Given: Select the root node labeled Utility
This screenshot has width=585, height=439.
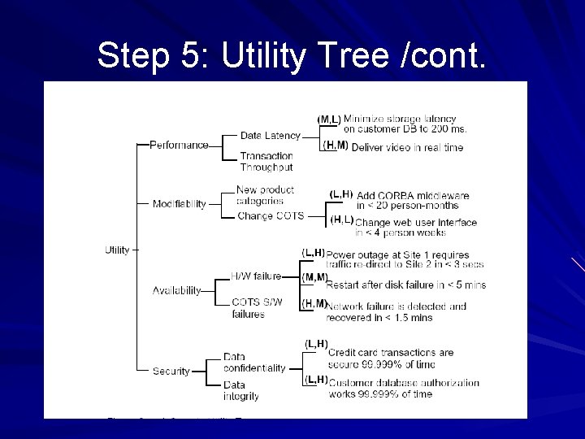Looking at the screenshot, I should click(x=118, y=250).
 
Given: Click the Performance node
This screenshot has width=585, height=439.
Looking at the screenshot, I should click(x=179, y=145).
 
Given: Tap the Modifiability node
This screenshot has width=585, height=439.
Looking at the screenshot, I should click(x=180, y=204).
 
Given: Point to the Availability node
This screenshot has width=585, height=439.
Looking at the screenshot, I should click(x=177, y=291).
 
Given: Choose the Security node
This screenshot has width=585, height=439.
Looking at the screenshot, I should click(x=171, y=372).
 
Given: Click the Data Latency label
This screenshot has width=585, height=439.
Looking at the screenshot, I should click(x=270, y=136).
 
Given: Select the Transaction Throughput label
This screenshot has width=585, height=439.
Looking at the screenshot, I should click(x=266, y=162).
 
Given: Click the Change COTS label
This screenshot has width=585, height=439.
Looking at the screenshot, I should click(x=271, y=216).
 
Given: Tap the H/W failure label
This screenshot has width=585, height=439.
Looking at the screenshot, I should click(x=256, y=276).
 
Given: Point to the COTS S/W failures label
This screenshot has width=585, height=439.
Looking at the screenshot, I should click(x=257, y=307).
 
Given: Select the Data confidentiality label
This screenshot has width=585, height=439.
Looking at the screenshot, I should click(x=254, y=363).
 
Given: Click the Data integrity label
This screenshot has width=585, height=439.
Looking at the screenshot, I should click(x=241, y=391).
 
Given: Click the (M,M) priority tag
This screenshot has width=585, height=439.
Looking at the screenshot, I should click(x=314, y=277).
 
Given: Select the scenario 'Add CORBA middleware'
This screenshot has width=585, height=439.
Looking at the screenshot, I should click(x=412, y=196).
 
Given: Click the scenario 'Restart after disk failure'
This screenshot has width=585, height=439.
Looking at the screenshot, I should click(x=405, y=285).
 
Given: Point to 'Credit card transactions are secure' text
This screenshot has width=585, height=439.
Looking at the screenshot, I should click(x=391, y=359).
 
